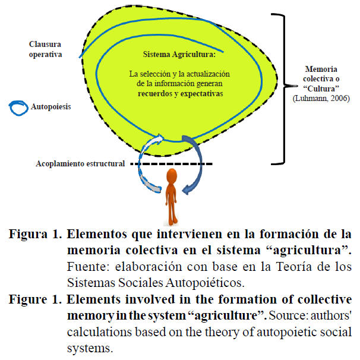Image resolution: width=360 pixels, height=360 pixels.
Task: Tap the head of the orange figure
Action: [x=171, y=176]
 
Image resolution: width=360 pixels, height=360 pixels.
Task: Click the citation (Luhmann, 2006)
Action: [x=323, y=97]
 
